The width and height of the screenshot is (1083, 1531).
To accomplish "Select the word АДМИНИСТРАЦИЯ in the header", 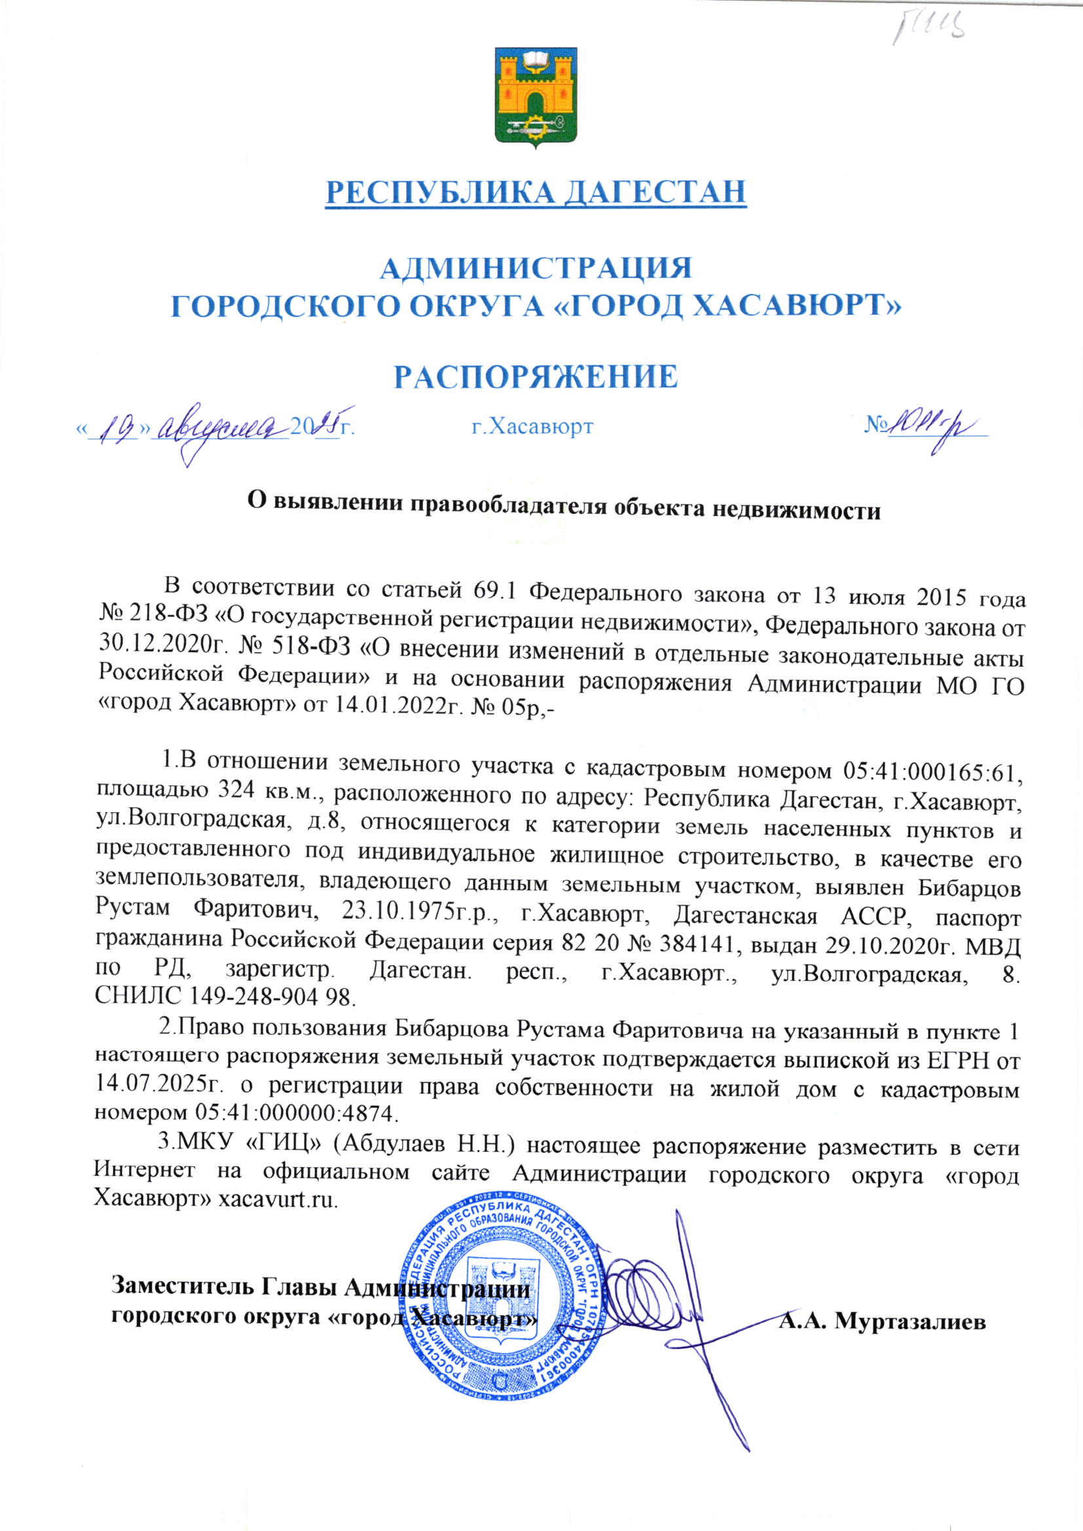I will (x=536, y=268).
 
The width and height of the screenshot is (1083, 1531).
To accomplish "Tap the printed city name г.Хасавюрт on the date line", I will (x=532, y=426).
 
